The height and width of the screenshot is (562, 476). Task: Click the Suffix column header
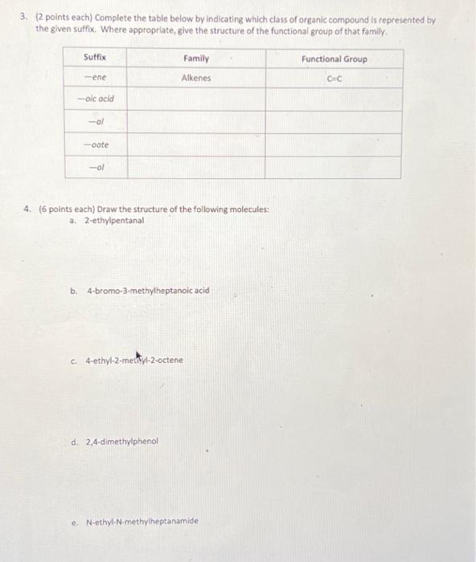(95, 59)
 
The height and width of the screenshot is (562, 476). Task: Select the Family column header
(195, 59)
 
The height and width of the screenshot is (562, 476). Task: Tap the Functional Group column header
(333, 59)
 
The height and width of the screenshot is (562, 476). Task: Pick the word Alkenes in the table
(195, 78)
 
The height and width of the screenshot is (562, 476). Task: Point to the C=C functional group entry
(333, 78)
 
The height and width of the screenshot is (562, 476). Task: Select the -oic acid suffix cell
(96, 99)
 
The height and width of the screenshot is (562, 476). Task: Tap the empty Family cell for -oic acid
(195, 99)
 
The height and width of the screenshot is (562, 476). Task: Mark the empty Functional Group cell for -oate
(333, 145)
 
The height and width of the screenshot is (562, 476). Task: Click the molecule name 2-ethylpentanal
(115, 220)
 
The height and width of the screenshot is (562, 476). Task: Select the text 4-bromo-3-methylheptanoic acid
(148, 290)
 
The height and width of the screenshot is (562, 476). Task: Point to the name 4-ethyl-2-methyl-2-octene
(134, 360)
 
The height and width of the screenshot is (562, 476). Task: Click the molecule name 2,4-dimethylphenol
(121, 441)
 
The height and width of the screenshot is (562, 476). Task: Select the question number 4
(27, 209)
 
